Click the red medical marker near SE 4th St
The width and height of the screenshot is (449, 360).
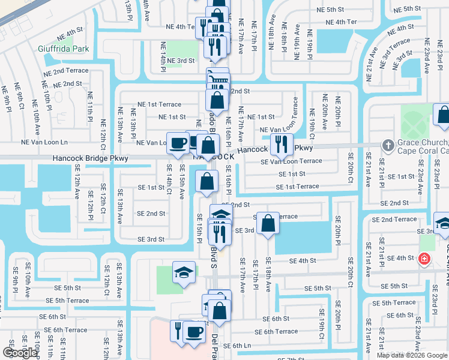click(424, 259)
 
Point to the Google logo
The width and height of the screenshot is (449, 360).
click(20, 353)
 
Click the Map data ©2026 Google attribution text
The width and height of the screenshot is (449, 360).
click(411, 355)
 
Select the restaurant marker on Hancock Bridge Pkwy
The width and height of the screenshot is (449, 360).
click(281, 143)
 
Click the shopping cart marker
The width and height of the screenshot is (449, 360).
click(217, 79)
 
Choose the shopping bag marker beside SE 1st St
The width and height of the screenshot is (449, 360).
click(207, 182)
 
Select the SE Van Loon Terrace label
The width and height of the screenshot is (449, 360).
click(291, 161)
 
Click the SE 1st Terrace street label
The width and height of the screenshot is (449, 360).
click(298, 187)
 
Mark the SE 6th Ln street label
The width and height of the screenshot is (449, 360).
click(237, 346)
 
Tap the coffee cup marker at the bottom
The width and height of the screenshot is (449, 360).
click(193, 332)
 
